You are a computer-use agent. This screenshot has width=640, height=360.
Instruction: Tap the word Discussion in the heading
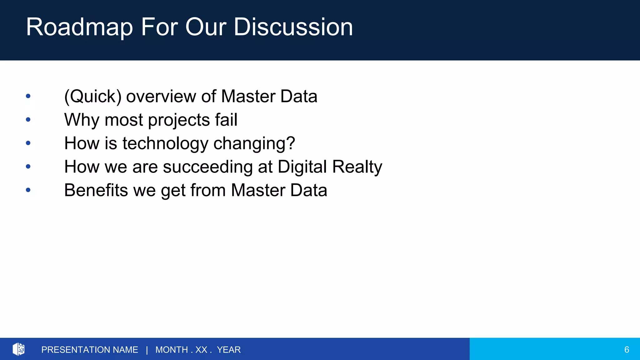[293, 27]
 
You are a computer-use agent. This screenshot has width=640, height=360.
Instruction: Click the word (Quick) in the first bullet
[93, 96]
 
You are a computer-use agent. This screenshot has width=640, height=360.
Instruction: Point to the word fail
[226, 120]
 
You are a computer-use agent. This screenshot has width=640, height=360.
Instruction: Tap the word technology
[165, 143]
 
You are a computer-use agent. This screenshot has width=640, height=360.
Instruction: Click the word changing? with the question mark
[254, 143]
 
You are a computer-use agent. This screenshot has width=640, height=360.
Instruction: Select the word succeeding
[207, 167]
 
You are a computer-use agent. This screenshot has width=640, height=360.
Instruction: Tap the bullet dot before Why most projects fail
[28, 119]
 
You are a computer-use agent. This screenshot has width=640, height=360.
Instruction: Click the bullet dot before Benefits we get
[28, 190]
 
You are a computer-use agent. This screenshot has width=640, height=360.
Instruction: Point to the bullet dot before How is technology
[28, 143]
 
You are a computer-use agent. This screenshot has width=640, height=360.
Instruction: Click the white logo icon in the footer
[18, 349]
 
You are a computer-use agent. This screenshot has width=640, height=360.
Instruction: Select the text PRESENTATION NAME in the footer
[90, 350]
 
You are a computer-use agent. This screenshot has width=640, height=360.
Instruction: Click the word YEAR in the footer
[229, 350]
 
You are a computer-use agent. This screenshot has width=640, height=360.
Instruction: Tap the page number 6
[627, 350]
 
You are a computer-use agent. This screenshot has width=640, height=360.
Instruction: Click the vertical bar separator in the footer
[147, 350]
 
